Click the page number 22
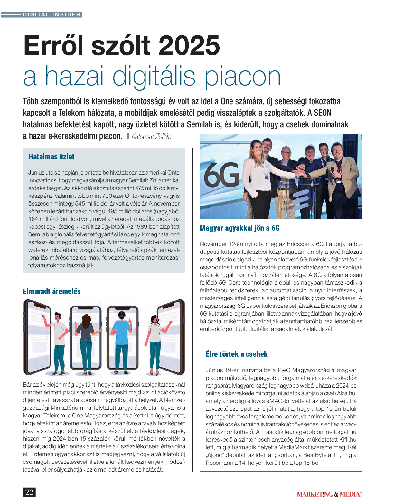pos(29,492)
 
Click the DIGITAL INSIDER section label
pos(52,14)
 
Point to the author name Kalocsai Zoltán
pos(151,136)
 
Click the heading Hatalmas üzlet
pos(51,157)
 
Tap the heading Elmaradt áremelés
pos(52,291)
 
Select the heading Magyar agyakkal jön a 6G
pos(239,228)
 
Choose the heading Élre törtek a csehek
pos(237,354)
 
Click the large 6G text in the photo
pos(222,175)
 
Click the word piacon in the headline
pos(243,77)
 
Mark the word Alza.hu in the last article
pos(347,393)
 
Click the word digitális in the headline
pos(154,77)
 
